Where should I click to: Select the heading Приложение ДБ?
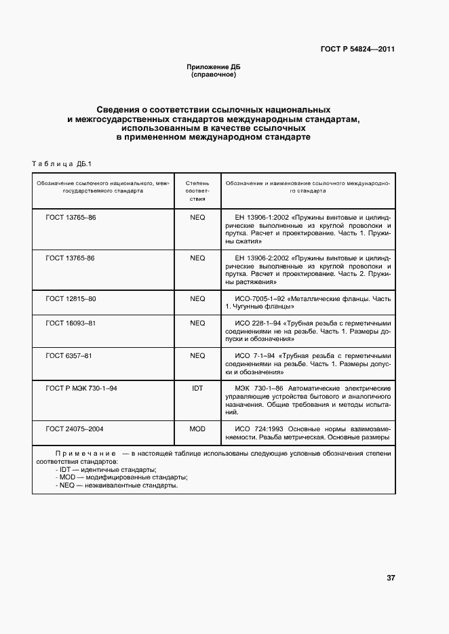[214, 67]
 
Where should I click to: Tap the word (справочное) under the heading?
[214, 75]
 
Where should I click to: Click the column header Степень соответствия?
[197, 191]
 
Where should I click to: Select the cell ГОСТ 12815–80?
[71, 298]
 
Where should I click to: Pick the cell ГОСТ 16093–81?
[71, 323]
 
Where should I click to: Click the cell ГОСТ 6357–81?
[69, 355]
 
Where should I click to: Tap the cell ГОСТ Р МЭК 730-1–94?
[81, 388]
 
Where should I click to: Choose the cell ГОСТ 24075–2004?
[75, 429]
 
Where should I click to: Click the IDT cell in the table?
[197, 388]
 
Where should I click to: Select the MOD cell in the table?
[197, 429]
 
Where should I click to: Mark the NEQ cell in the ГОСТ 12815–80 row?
[197, 298]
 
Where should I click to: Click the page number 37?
[391, 578]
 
